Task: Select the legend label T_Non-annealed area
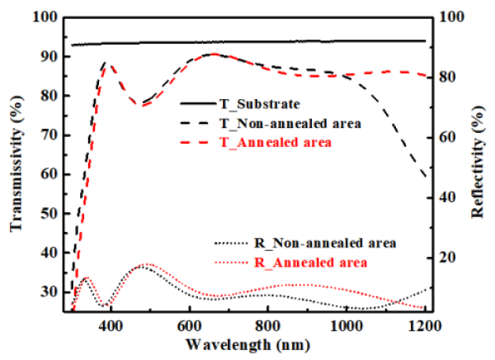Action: click(x=291, y=124)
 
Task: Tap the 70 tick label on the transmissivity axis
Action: click(x=50, y=135)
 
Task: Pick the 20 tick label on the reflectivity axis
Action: click(x=446, y=258)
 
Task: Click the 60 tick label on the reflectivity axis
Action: click(x=446, y=137)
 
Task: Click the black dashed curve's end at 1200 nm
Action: click(x=426, y=176)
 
